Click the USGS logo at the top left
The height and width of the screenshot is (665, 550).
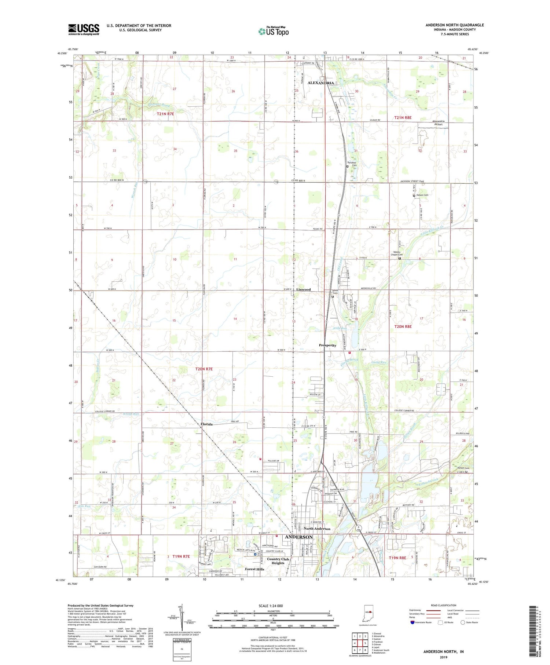click(84, 29)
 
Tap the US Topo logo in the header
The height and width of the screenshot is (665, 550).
click(274, 31)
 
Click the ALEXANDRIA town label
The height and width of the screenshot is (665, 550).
click(320, 83)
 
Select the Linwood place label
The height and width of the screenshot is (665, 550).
click(303, 289)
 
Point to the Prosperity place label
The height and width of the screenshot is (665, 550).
click(327, 345)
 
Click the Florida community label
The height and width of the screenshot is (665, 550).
click(206, 424)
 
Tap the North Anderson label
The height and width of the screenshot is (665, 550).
click(317, 529)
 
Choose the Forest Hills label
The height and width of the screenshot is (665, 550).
click(254, 569)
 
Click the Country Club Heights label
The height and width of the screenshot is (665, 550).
click(278, 561)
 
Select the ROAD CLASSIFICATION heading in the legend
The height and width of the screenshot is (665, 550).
click(443, 605)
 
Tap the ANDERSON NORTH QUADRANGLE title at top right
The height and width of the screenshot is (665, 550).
click(454, 25)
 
